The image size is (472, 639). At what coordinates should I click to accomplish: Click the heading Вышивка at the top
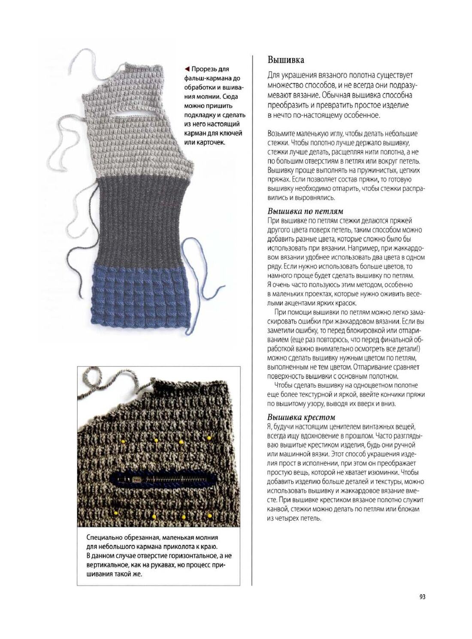[286, 60]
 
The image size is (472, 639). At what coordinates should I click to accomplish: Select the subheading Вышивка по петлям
[305, 211]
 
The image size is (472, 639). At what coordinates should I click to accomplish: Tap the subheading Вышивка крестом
[301, 417]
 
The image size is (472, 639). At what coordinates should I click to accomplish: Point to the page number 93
[422, 597]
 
